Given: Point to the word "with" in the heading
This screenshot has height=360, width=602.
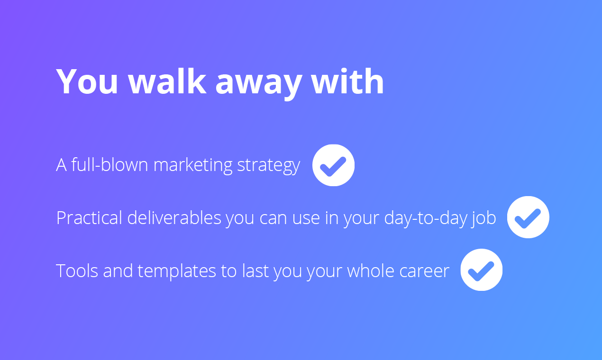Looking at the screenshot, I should tap(347, 82).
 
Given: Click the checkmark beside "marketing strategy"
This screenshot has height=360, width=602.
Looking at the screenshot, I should tap(333, 165).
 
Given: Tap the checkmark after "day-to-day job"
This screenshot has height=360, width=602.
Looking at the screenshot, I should tap(528, 217).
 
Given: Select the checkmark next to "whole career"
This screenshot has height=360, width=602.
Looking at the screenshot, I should tap(481, 270).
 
